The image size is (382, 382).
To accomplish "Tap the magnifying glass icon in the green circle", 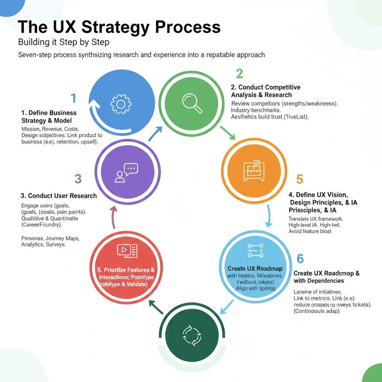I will (192, 102).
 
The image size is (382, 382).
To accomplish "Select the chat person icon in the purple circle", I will (126, 173).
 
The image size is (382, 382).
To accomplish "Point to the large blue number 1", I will (73, 98).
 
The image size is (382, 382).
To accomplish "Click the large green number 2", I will (239, 73).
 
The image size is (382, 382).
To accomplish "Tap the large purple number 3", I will (78, 179).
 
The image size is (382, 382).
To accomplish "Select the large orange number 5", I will (299, 179).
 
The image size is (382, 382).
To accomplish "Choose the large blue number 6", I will (300, 259).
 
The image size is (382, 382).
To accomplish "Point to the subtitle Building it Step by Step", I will (64, 42).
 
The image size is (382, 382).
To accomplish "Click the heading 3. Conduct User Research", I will (59, 195).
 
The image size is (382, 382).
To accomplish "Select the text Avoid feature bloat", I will (310, 231).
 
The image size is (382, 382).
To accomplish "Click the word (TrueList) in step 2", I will (300, 117).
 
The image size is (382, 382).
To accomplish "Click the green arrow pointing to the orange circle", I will (227, 133).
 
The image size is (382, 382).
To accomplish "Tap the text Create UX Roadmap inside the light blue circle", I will (255, 269).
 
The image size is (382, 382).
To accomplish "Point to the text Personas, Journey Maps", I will (50, 238).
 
